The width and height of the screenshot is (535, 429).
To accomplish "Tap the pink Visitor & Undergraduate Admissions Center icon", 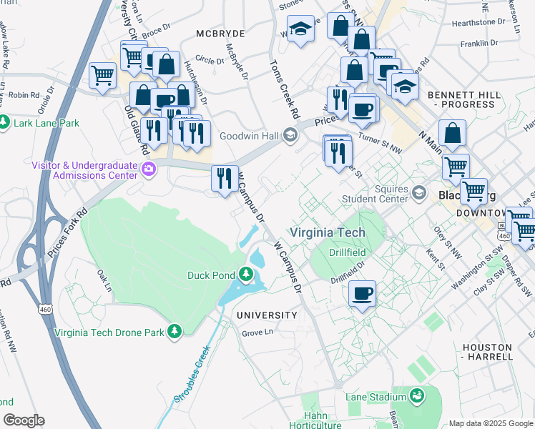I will pos(149,169).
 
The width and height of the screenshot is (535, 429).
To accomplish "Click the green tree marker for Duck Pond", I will pos(246,275).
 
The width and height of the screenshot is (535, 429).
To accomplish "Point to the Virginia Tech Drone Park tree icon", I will pos(174,331).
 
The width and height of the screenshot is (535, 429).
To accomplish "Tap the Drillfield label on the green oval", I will pos(348,252).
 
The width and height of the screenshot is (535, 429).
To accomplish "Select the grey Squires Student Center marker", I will pos(420,193).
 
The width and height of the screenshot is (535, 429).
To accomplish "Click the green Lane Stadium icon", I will pos(416,394).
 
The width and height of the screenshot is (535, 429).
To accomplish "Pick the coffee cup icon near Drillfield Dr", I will pos(363,293).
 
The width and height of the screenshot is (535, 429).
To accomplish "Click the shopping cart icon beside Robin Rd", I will pos(103,74).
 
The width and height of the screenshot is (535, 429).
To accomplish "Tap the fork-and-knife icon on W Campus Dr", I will pos(225,178).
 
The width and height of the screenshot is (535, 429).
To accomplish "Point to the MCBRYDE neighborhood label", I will pos(221,34).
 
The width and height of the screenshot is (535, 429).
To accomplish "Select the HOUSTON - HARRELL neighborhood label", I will pos(487,351).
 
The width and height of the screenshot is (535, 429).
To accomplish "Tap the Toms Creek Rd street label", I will pos(284,89).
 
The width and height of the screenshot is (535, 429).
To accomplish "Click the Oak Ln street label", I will pos(104,280).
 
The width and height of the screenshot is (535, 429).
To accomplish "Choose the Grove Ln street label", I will pos(257,332).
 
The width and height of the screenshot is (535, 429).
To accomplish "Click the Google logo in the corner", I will pos(24,420).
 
